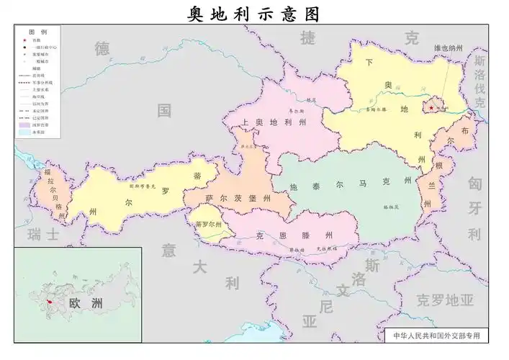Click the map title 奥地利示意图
pyautogui.click(x=253, y=14)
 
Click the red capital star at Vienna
pyautogui.click(x=431, y=108)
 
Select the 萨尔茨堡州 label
pyautogui.click(x=236, y=198)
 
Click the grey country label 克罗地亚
pyautogui.click(x=446, y=299)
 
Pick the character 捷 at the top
pyautogui.click(x=307, y=38)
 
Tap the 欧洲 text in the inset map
pyautogui.click(x=86, y=303)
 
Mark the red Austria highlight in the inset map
pyautogui.click(x=49, y=302)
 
